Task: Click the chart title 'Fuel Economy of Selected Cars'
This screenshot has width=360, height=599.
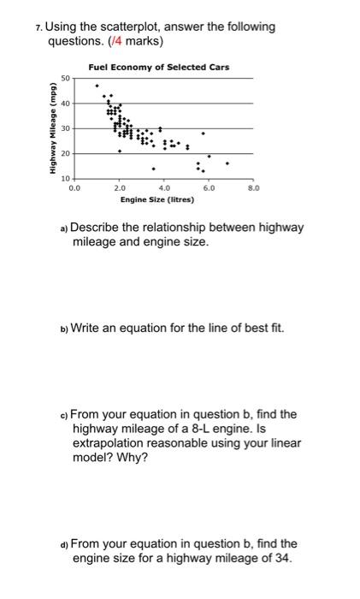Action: tap(158, 68)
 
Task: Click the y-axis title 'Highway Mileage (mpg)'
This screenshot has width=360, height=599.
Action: tap(52, 128)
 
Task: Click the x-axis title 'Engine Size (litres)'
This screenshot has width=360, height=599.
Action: tap(157, 199)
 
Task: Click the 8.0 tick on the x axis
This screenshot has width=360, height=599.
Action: tap(253, 186)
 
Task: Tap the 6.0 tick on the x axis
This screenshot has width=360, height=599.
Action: tap(209, 186)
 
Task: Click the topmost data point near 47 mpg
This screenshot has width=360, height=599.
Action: tap(97, 86)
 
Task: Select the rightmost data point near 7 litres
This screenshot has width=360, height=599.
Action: tap(227, 163)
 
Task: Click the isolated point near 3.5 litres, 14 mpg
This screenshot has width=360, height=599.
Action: tap(154, 169)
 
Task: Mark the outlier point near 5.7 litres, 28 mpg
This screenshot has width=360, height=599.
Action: tap(203, 133)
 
